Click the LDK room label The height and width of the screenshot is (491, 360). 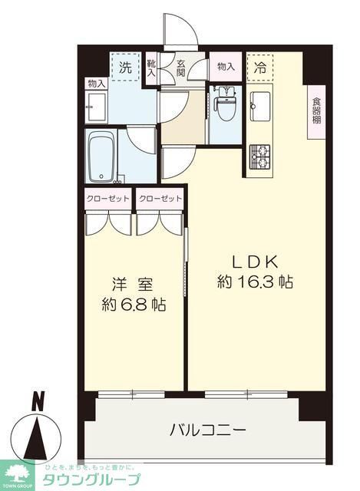pos(255,261)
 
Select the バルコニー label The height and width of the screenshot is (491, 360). pos(207,430)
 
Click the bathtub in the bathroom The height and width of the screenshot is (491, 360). pos(101,157)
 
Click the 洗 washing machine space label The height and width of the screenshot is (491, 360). pos(124,67)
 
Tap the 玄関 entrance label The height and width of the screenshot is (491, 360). pos(180,68)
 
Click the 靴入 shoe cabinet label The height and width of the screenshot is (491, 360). pos(152,68)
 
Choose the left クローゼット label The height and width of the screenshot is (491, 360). pos(107,198)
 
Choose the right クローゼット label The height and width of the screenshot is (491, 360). pos(160,198)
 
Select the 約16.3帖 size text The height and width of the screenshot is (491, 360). pos(255,282)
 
